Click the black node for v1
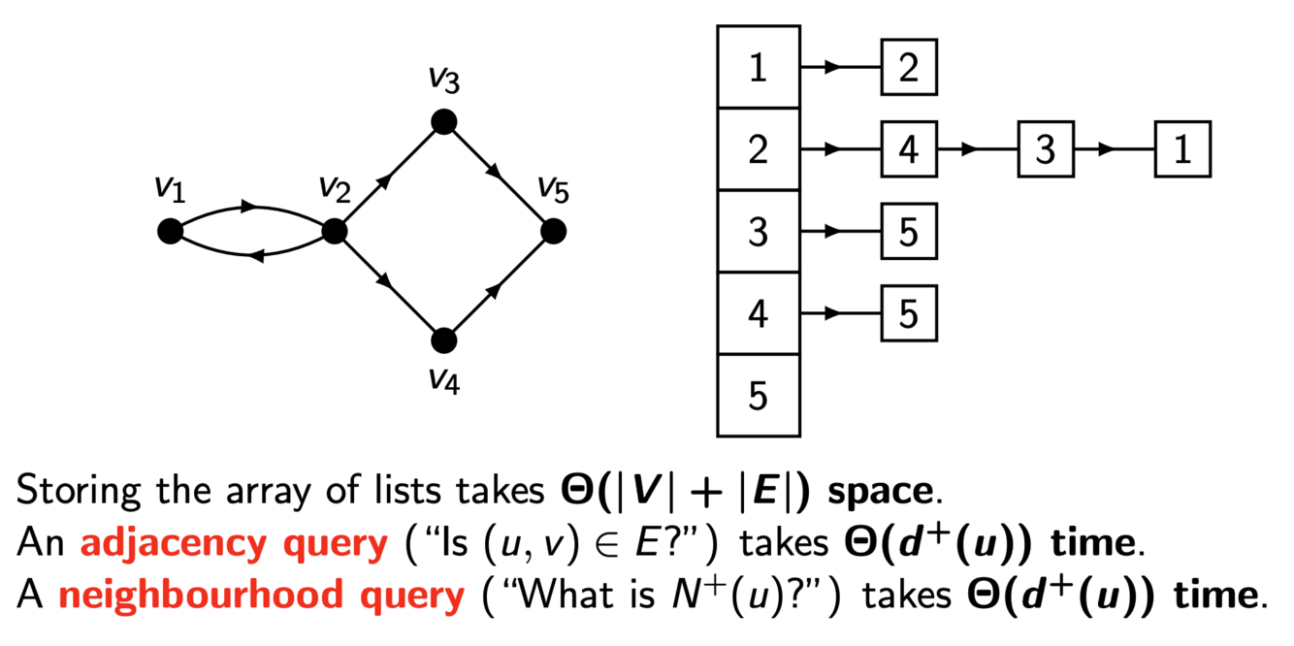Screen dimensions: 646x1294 click(x=170, y=231)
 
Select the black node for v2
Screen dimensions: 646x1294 click(x=334, y=231)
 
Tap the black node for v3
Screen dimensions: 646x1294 click(x=443, y=121)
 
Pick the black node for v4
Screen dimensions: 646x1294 click(x=443, y=340)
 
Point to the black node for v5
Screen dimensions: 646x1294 click(x=553, y=231)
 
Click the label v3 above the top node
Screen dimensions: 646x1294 click(x=443, y=80)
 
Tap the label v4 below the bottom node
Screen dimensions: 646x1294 click(x=443, y=380)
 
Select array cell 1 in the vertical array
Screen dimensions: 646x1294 click(x=759, y=68)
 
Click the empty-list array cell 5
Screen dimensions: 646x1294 click(x=759, y=396)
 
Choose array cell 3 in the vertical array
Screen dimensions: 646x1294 click(x=759, y=232)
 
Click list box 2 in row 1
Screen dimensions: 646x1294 click(x=909, y=68)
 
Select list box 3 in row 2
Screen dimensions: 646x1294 click(x=1046, y=150)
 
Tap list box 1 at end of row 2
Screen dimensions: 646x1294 click(x=1182, y=150)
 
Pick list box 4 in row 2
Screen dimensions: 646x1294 click(x=909, y=150)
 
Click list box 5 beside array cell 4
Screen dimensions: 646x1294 click(x=909, y=314)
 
